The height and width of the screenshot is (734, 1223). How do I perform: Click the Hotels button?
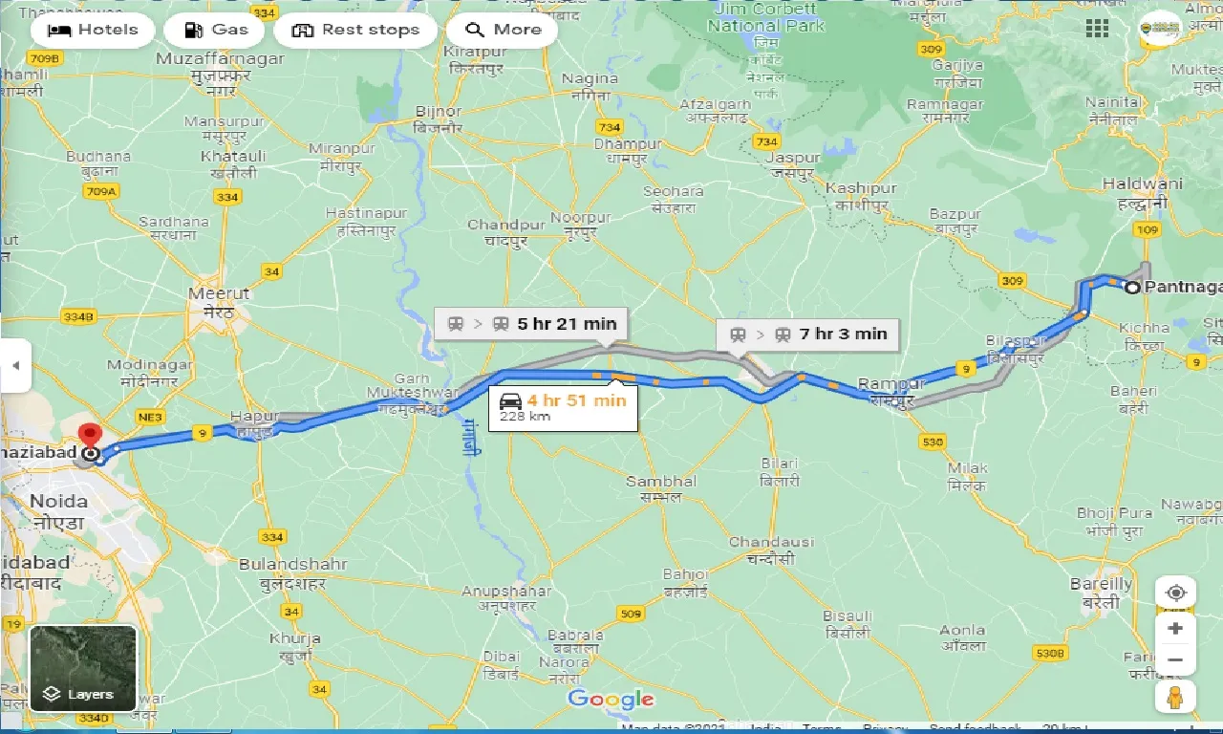pyautogui.click(x=93, y=30)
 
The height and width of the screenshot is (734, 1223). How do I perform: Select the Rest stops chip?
pyautogui.click(x=355, y=30)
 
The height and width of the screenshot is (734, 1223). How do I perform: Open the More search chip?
pyautogui.click(x=503, y=30)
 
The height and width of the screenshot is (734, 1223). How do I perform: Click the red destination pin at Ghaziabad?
pyautogui.click(x=90, y=436)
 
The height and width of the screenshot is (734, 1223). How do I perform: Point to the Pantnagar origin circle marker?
pyautogui.click(x=1132, y=287)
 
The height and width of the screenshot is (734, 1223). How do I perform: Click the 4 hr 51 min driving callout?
pyautogui.click(x=562, y=406)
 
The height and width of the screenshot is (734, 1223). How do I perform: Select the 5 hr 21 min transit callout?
pyautogui.click(x=532, y=323)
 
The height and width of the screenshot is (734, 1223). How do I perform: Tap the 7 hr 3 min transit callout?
pyautogui.click(x=807, y=334)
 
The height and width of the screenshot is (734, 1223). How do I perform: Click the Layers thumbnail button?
pyautogui.click(x=83, y=667)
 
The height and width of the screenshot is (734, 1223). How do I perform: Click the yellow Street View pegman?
pyautogui.click(x=1175, y=697)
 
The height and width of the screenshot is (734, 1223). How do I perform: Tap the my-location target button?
pyautogui.click(x=1175, y=593)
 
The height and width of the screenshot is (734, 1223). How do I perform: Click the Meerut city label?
pyautogui.click(x=219, y=294)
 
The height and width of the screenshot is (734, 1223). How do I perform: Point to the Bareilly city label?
pyautogui.click(x=1101, y=583)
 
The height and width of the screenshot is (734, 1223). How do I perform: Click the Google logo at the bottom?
pyautogui.click(x=611, y=699)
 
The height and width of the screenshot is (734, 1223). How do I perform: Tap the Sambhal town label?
pyautogui.click(x=660, y=482)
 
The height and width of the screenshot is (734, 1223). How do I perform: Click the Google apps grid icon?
pyautogui.click(x=1097, y=29)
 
